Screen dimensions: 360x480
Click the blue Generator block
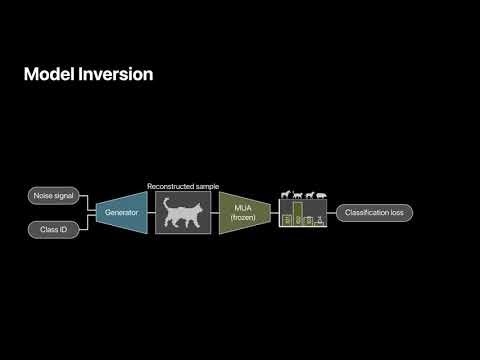coord(122,213)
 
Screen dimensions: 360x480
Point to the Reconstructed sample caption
coord(184,186)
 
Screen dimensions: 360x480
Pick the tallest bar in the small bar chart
coord(297,214)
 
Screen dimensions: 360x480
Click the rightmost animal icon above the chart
coord(321,195)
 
